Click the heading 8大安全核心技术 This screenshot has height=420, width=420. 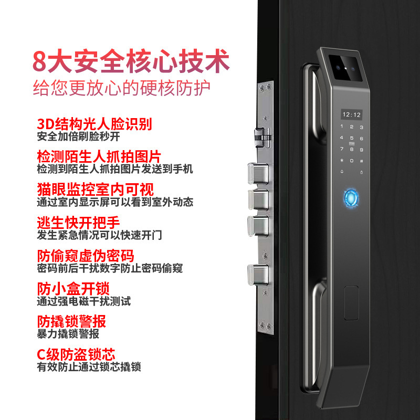(x=131, y=61)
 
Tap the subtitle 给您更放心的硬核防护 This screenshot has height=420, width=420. (x=121, y=88)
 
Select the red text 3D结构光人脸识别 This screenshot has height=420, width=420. (x=94, y=124)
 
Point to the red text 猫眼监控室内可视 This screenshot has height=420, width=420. (x=96, y=190)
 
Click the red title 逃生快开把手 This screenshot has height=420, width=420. (x=78, y=222)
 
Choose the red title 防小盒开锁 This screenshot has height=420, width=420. (x=73, y=288)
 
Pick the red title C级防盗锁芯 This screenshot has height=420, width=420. (x=76, y=354)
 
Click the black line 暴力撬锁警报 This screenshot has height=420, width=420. (x=68, y=334)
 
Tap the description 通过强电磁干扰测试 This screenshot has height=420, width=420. (x=84, y=301)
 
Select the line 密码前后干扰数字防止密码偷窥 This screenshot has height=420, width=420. (x=110, y=268)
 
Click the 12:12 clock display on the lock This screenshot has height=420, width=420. (x=351, y=115)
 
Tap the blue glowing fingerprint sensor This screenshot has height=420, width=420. (x=351, y=198)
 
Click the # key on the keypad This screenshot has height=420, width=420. (x=361, y=161)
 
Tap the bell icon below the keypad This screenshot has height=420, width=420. (x=342, y=172)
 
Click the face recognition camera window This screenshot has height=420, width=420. (x=345, y=68)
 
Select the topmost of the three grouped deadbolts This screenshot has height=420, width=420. (x=258, y=174)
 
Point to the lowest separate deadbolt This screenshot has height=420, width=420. (x=258, y=275)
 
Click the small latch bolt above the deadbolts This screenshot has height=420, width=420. (x=262, y=138)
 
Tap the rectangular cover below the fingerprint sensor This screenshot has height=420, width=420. (x=351, y=303)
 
